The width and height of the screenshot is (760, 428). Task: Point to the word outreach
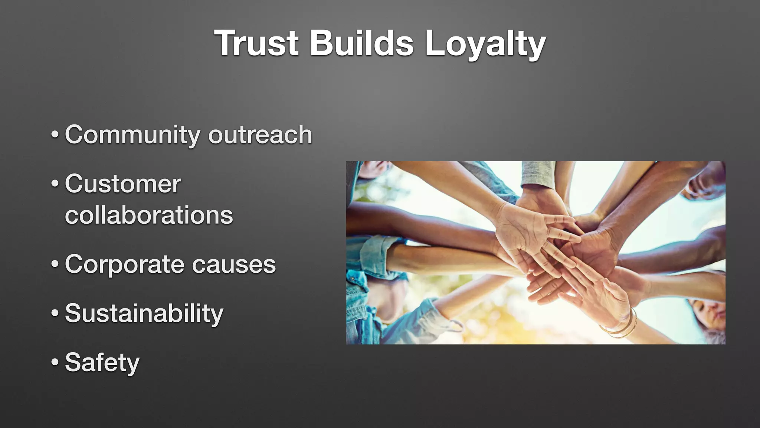pos(260,134)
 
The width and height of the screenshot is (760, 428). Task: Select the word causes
pos(234,265)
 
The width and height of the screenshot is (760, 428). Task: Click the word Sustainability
pos(144,313)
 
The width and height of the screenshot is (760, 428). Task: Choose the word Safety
pos(102,363)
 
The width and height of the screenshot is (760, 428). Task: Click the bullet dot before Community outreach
pos(55,135)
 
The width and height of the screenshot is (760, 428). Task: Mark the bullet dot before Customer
pos(55,184)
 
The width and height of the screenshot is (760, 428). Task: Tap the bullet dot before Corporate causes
pos(55,265)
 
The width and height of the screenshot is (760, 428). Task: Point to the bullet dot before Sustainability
pos(55,313)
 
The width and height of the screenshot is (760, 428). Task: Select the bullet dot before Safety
pos(55,362)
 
